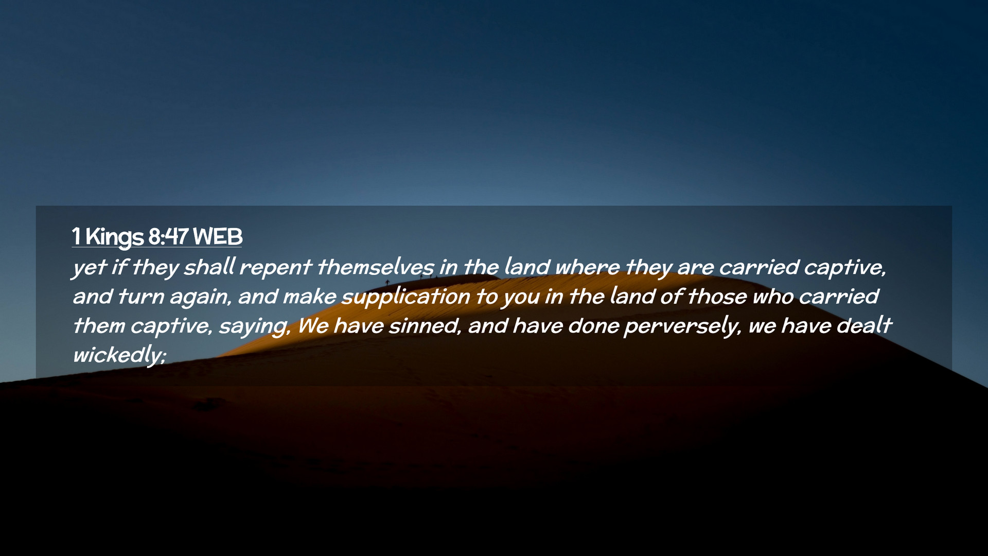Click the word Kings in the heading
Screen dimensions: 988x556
(114, 237)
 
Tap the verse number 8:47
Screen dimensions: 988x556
(168, 237)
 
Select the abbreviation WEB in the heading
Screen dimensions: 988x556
(218, 237)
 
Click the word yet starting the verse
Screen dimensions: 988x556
(90, 268)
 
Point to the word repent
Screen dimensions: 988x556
(275, 268)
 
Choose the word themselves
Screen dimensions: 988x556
(376, 267)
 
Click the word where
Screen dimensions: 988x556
(587, 267)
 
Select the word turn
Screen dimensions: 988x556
(140, 297)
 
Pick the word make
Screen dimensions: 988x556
(309, 297)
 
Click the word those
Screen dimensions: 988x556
(717, 297)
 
